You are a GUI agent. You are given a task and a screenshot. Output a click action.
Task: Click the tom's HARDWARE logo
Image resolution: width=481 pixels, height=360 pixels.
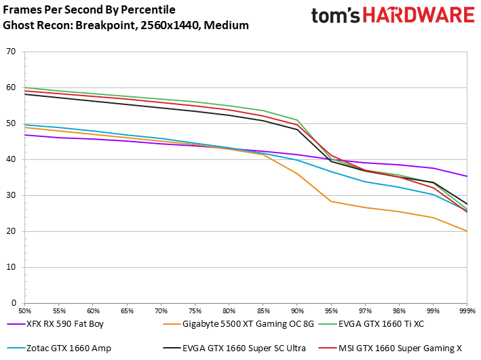tap(393, 17)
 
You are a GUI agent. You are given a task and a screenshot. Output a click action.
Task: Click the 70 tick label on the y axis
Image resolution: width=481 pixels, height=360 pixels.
tap(10, 52)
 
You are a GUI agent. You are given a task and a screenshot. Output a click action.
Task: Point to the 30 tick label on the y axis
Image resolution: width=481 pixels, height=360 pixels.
tap(10, 195)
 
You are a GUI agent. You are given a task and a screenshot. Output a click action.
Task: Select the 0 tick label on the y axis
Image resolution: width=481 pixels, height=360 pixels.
tap(13, 303)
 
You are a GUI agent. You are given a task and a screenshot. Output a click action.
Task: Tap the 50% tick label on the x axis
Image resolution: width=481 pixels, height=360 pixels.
tap(25, 310)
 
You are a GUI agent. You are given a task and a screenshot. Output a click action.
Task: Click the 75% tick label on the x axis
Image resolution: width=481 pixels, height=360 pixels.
tap(195, 310)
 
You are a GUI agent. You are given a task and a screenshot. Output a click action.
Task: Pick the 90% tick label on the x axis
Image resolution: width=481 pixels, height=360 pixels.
tap(296, 310)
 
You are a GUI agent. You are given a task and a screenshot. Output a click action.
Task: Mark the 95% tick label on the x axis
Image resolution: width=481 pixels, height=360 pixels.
tap(330, 310)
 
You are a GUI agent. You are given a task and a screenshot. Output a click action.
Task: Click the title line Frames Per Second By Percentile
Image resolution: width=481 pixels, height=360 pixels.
tap(89, 10)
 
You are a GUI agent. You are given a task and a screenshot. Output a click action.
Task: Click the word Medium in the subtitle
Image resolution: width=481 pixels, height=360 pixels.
tap(228, 26)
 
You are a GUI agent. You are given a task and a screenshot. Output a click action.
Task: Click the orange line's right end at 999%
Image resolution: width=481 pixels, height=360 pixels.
tap(466, 231)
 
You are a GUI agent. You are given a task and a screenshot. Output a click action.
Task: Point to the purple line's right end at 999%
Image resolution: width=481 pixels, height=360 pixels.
tap(466, 176)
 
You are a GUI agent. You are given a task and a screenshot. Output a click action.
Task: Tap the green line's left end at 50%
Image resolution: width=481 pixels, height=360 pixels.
tap(25, 87)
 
